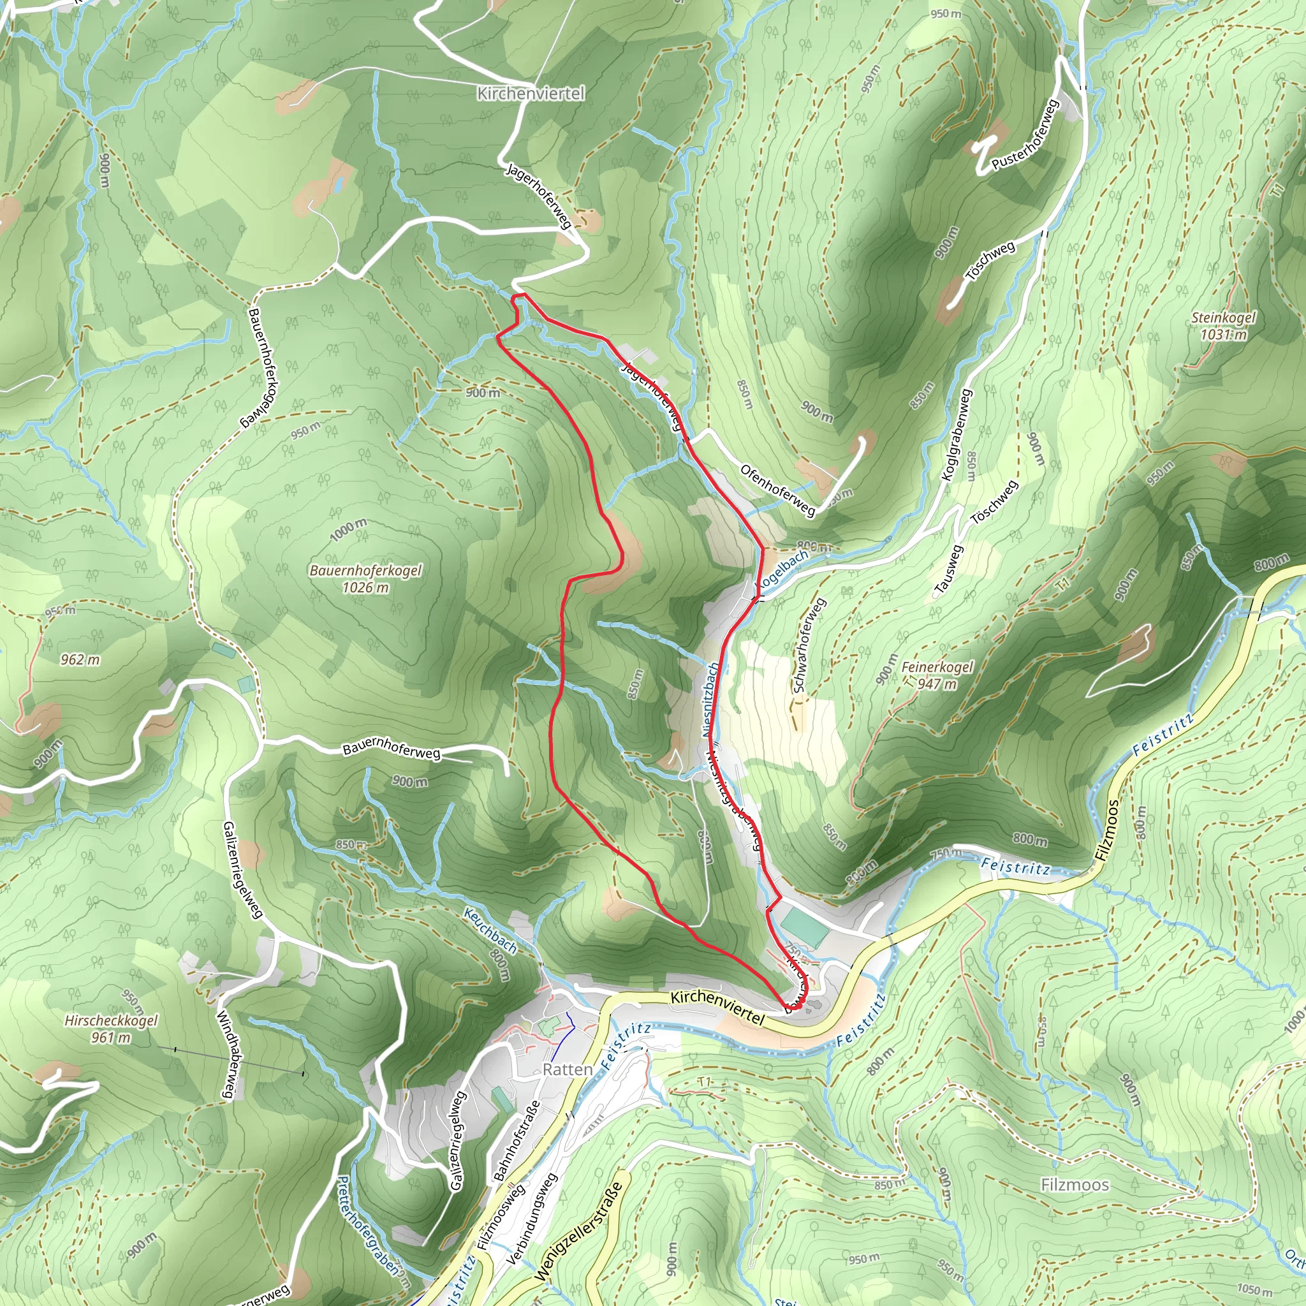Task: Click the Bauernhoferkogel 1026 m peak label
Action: point(365,578)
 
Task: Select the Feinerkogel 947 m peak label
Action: point(937,675)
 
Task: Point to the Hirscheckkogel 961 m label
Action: point(111,1028)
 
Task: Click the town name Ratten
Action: point(567,1069)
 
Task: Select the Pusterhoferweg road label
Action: point(1025,134)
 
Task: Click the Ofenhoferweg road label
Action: point(777,490)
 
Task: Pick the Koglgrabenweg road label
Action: point(957,435)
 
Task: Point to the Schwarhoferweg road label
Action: point(809,645)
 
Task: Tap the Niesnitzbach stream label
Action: point(710,699)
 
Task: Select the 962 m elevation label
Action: point(80,659)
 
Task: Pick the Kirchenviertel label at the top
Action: point(531,93)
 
